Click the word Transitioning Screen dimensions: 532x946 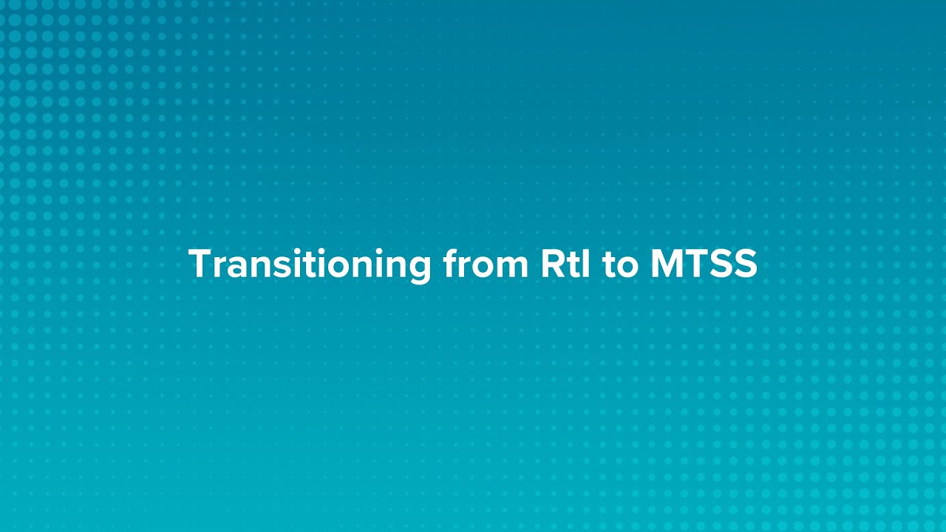coord(310,265)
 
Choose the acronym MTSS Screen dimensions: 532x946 coord(704,265)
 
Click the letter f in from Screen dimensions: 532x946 coord(451,264)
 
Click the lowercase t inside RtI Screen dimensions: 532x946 coord(574,265)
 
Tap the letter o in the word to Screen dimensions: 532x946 coord(627,267)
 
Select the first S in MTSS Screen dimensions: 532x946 coord(721,265)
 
